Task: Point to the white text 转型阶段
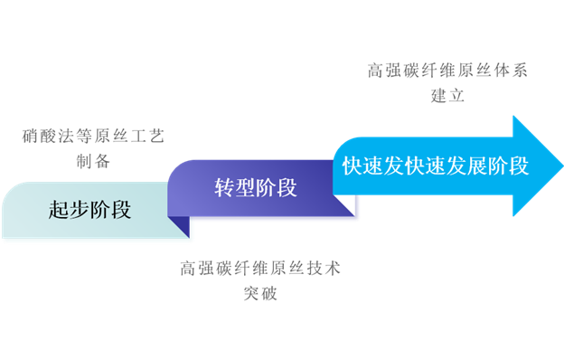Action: click(256, 188)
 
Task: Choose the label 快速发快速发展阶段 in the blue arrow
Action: click(436, 166)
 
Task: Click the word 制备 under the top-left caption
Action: click(93, 163)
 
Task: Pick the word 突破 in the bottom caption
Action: click(261, 293)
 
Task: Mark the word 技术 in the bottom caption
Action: click(324, 269)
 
